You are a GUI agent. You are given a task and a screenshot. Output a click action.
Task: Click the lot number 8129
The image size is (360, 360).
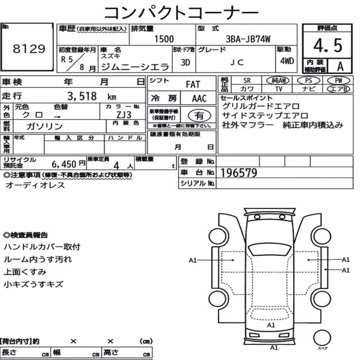(x=29, y=49)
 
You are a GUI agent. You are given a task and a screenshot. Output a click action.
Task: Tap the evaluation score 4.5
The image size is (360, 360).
(x=328, y=45)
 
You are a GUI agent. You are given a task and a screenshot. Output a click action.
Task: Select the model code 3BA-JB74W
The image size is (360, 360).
(x=248, y=39)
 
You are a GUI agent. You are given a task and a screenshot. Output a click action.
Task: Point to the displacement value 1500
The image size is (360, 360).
(x=164, y=39)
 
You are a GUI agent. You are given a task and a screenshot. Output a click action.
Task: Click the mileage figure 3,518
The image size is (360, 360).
(x=82, y=96)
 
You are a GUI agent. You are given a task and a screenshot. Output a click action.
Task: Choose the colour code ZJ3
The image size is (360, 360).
(x=124, y=115)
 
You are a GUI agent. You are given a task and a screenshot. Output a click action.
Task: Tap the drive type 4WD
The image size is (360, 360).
(x=287, y=61)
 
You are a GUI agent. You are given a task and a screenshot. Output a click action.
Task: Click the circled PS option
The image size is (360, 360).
(x=309, y=81)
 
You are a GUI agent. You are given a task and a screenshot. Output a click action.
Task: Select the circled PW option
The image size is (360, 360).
(x=338, y=81)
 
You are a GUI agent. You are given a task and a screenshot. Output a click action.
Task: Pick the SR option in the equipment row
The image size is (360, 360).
(x=247, y=81)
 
